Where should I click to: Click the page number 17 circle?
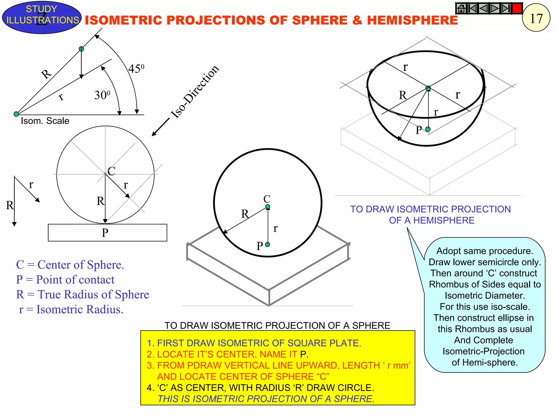tap(536, 18)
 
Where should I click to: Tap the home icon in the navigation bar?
tap(461, 8)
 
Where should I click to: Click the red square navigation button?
tap(517, 8)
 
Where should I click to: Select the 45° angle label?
tap(136, 68)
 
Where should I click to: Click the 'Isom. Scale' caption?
tap(45, 121)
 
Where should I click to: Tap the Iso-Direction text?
tap(195, 92)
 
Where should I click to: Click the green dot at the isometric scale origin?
tap(16, 114)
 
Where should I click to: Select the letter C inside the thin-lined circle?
tap(111, 171)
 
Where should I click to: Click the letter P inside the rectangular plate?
tap(105, 233)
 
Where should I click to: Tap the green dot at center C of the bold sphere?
tap(268, 207)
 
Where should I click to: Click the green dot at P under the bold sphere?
tap(268, 245)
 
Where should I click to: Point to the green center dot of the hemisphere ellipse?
tap(428, 88)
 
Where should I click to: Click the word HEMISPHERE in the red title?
tap(412, 20)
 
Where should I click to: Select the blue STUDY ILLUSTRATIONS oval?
tap(42, 17)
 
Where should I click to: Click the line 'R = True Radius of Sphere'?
tap(83, 295)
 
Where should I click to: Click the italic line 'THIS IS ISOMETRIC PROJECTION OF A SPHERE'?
tap(266, 399)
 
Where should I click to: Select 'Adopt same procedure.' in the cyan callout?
tap(485, 251)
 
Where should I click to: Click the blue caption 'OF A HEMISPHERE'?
tap(432, 220)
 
